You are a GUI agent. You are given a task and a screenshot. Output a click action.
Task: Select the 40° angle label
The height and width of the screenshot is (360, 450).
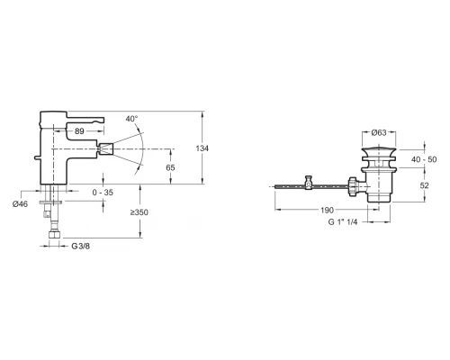(x=131, y=118)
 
